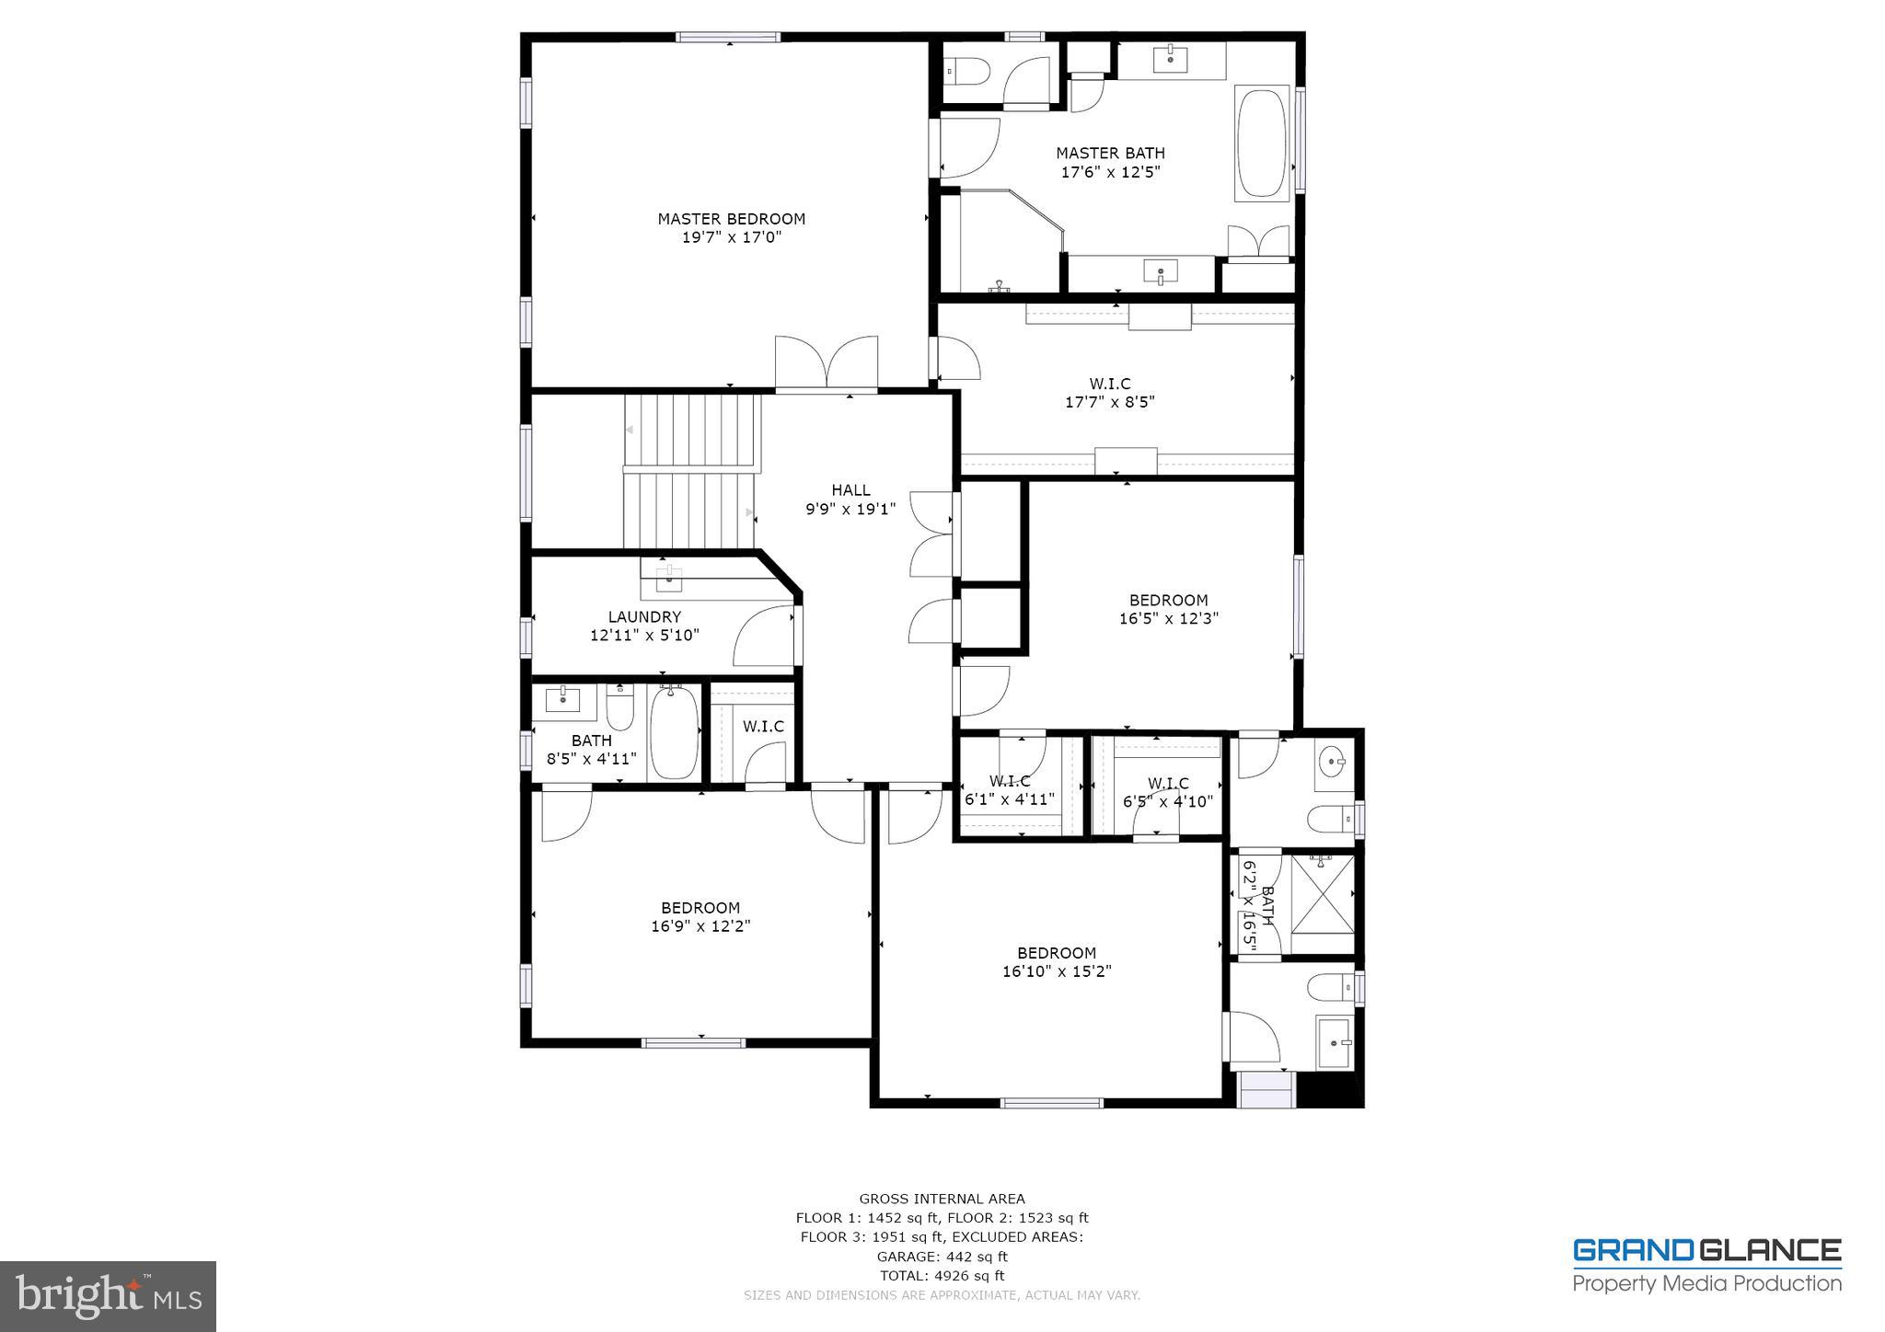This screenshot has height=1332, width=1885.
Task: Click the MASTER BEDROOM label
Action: click(x=731, y=219)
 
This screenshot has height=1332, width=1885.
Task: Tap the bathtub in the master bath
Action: click(x=1263, y=144)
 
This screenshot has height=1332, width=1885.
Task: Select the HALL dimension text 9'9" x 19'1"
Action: click(x=850, y=509)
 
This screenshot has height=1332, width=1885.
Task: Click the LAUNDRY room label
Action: click(x=644, y=617)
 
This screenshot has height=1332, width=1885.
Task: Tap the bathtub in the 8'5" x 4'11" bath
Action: click(x=675, y=733)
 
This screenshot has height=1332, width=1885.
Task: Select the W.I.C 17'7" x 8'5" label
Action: click(x=1109, y=393)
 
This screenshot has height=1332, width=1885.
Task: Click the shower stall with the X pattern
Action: click(x=1322, y=904)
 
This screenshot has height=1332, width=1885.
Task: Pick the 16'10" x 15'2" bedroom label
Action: click(x=1057, y=962)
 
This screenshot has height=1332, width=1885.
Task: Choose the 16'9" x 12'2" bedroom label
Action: click(x=700, y=917)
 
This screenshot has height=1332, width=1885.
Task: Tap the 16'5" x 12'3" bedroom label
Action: click(x=1168, y=610)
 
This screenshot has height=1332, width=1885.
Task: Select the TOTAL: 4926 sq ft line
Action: click(x=942, y=1276)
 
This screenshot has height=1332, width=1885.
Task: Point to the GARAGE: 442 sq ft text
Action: click(x=942, y=1257)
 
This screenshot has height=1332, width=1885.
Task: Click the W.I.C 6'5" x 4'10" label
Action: click(x=1167, y=793)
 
